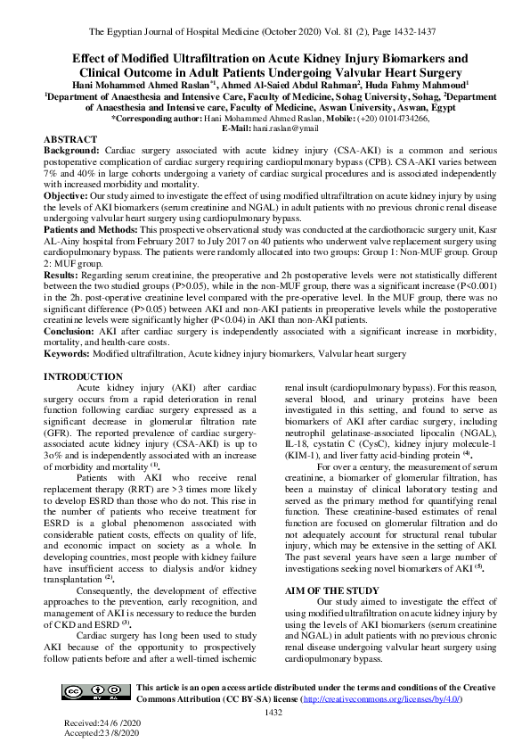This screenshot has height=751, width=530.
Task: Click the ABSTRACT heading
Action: tap(71, 140)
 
